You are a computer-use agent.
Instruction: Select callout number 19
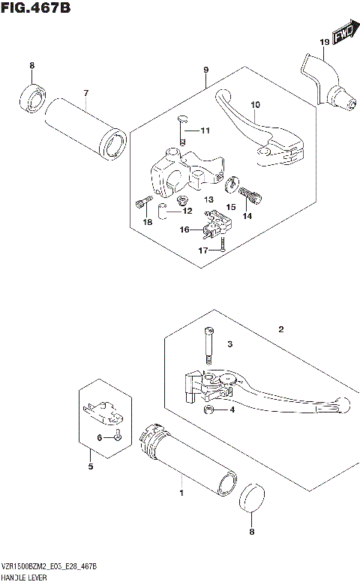tap(324, 42)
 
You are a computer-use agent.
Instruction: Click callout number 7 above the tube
tap(85, 93)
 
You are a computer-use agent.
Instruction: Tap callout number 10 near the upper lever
tap(254, 105)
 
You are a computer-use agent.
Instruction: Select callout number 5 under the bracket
tap(90, 466)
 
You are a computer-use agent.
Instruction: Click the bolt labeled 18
tap(139, 202)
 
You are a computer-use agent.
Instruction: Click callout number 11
tap(205, 131)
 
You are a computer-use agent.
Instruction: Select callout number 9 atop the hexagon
tap(205, 69)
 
